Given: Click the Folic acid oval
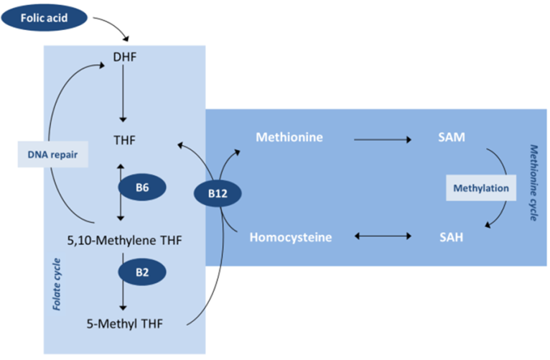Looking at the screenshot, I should (45, 16).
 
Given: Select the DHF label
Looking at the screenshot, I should (123, 56).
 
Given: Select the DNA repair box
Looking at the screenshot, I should (52, 154).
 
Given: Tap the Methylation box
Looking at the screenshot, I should (480, 189).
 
